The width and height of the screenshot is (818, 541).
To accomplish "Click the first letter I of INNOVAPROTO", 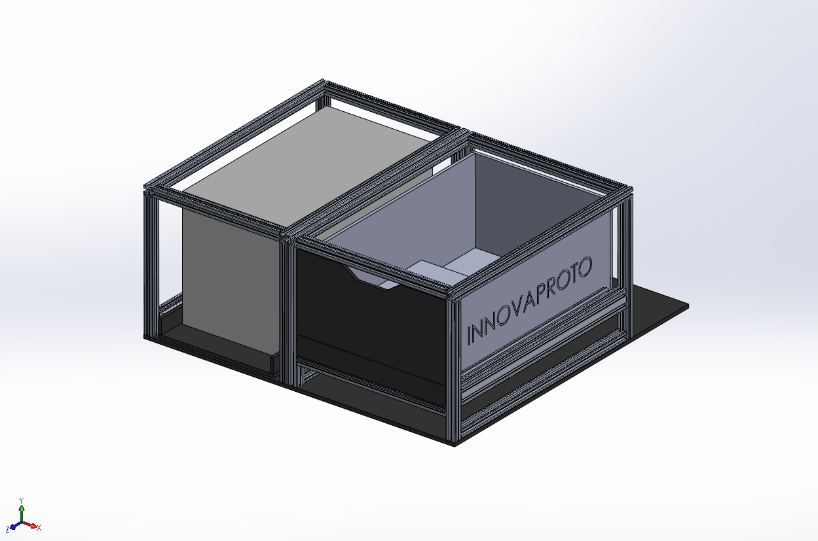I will click(470, 334).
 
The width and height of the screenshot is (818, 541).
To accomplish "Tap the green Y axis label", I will click(22, 500).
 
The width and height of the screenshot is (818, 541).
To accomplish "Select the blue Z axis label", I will click(7, 529).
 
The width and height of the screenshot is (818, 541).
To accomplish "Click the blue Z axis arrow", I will click(13, 526).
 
